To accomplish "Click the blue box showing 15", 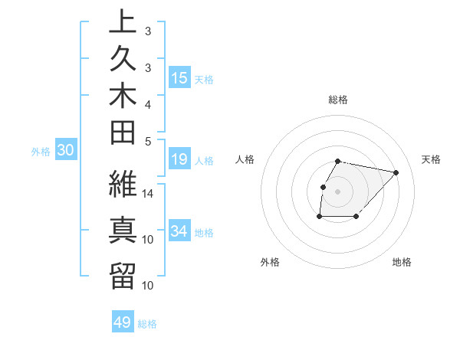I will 179,77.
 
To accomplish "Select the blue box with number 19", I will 179,159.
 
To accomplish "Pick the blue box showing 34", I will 179,231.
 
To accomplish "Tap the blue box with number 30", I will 66,151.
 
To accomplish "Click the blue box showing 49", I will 123,322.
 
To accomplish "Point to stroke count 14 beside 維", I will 148,194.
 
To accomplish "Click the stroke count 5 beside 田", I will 147,141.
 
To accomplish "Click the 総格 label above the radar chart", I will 338,100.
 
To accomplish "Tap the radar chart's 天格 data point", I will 396,172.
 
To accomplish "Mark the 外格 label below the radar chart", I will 270,263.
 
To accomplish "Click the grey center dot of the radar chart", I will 337,191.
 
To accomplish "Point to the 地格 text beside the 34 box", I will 205,232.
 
